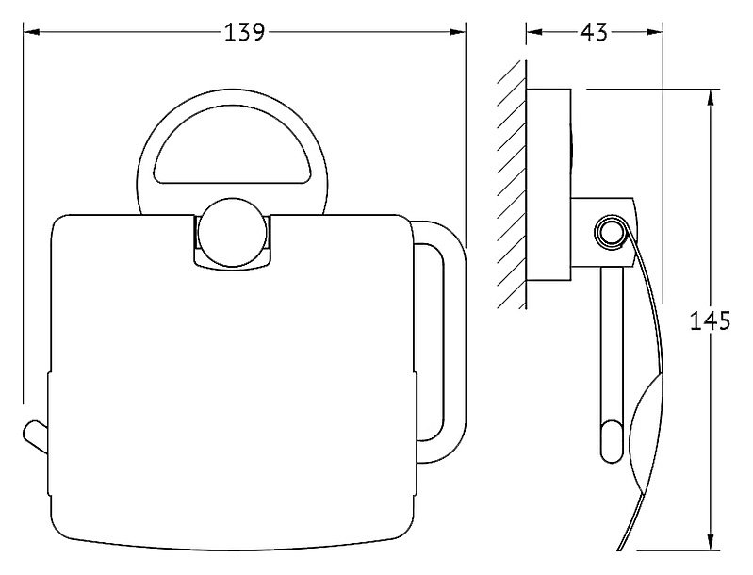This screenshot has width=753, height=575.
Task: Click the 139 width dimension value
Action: (x=244, y=32)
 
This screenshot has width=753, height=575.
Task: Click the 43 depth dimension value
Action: (x=594, y=32)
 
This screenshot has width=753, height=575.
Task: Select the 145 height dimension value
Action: (x=710, y=320)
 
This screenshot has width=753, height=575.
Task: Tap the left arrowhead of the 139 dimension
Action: (x=31, y=32)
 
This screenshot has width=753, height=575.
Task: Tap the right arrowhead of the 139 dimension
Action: (x=457, y=32)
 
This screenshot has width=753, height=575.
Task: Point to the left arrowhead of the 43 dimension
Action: (x=534, y=32)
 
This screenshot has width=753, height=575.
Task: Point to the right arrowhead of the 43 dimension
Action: (x=655, y=32)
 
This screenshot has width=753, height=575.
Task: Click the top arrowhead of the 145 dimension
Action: (x=710, y=97)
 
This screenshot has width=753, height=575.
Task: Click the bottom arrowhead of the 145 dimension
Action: (x=710, y=541)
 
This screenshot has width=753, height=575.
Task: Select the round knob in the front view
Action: (x=233, y=232)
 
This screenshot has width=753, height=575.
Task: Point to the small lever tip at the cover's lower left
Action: (x=35, y=435)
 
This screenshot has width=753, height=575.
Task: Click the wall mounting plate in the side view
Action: (x=548, y=185)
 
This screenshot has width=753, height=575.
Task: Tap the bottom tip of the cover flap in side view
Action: (x=618, y=548)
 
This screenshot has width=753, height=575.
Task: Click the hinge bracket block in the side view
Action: (x=603, y=233)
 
